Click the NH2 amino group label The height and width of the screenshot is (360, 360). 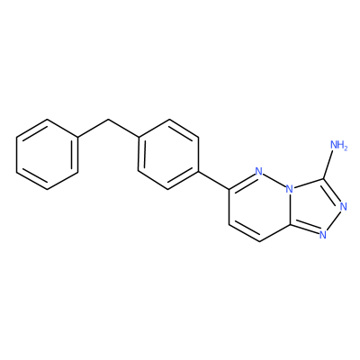338,145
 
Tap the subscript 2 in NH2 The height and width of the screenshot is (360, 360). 346,148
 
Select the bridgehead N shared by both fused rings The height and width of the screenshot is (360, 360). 289,190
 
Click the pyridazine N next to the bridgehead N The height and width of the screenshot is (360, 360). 258,172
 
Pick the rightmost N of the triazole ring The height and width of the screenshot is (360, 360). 344,206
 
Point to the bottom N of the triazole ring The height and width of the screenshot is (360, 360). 323,235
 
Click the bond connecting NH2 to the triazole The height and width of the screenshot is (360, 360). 328,165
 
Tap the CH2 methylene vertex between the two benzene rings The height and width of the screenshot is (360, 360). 108,120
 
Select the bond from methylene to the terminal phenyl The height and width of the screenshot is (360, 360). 93,129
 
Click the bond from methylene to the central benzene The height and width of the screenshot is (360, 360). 123,129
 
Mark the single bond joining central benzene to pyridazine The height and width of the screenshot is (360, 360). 213,181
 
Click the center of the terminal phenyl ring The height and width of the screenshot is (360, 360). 48,155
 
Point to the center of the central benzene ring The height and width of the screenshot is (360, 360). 168,155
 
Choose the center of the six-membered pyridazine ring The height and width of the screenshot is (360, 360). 259,207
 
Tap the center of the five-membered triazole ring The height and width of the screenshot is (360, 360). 314,208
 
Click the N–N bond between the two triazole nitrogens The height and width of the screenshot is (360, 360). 333,220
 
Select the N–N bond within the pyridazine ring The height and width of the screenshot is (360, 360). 274,181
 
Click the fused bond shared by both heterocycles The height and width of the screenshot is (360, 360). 289,207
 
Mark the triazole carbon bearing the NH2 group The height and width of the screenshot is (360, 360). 323,179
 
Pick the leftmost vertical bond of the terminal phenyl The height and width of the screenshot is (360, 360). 17,155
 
